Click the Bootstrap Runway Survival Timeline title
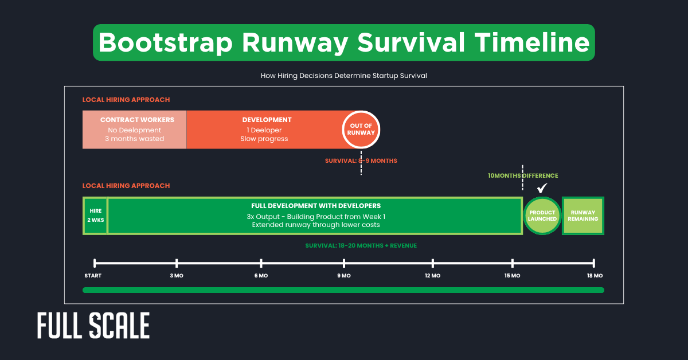point(344,43)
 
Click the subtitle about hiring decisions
point(344,76)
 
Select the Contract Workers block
point(135,129)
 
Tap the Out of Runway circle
point(361,129)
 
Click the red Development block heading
point(267,120)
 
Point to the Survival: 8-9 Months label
point(361,161)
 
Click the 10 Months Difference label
point(522,176)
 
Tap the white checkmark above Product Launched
point(542,189)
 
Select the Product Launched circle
point(542,216)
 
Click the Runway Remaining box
point(583,216)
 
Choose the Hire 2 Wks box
point(95,216)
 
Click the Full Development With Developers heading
point(315,206)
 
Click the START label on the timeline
point(93,276)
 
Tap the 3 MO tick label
point(176,276)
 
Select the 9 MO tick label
point(344,276)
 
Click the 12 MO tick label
point(432,276)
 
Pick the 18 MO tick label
point(595,276)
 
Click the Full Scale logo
point(93,326)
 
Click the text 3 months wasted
point(135,139)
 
